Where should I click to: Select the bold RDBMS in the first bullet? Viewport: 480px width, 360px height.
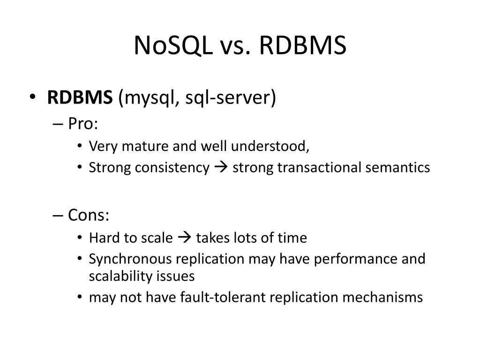coord(80,98)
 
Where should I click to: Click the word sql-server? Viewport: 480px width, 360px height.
coord(230,98)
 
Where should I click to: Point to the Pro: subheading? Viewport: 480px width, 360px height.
coord(83,124)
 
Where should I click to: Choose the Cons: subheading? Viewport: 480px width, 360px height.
coord(89,216)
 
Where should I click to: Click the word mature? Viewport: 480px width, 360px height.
coord(145,147)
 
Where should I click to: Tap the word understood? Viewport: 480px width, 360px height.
coord(270,147)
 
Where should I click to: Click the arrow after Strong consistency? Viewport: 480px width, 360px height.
coord(221,167)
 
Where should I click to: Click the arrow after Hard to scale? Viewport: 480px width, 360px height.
coord(184,238)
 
